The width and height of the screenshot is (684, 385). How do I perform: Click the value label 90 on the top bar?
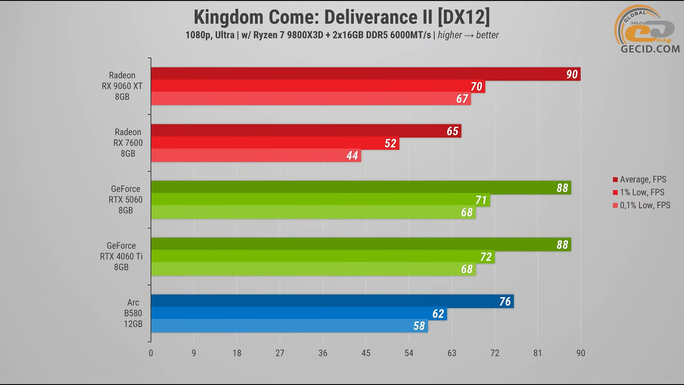572,74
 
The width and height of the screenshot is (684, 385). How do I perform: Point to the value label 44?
352,155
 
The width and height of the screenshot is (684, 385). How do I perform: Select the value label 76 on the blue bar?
505,302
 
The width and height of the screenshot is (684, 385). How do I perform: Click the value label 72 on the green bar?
486,257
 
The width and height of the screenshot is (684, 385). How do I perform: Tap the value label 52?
390,143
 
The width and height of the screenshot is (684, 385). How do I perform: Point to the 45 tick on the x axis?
366,353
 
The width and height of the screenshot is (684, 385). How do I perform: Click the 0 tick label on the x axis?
151,353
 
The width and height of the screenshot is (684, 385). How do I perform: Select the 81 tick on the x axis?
538,353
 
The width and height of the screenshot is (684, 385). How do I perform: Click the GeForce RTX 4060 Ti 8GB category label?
121,256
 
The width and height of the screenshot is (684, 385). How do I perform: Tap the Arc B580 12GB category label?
133,313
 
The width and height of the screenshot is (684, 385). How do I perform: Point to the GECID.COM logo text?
650,49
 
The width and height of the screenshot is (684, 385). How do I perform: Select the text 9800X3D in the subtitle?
305,35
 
